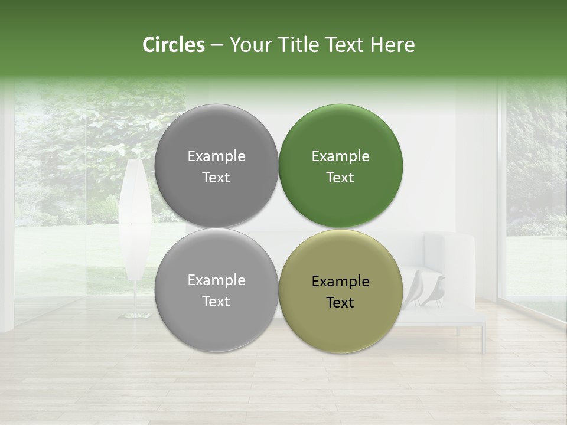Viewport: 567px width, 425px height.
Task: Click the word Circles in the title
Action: coord(173,45)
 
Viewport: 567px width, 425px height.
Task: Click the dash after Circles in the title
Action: coord(217,45)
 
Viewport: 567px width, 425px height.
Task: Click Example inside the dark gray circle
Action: coord(216,156)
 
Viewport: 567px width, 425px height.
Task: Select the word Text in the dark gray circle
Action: coord(216,178)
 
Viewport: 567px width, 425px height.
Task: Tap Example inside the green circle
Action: coord(340,156)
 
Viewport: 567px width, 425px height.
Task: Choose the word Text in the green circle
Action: coord(340,178)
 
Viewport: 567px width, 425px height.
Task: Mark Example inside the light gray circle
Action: coord(216,280)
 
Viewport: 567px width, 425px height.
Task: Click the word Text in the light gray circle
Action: coord(216,302)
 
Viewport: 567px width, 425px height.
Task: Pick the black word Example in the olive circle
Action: coord(340,282)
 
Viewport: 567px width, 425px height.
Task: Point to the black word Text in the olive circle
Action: coord(340,303)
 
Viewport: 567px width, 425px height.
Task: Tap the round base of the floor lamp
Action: coord(134,316)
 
